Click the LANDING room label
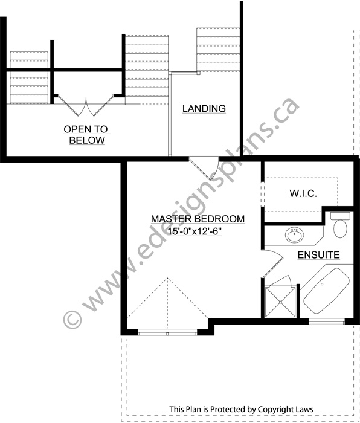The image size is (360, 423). tap(204, 108)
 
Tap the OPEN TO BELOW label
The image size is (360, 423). tap(86, 135)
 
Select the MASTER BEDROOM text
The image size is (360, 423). tap(198, 219)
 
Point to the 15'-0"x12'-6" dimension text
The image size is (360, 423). tap(194, 231)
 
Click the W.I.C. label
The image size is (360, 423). tap(303, 193)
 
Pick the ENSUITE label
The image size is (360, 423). tap(318, 255)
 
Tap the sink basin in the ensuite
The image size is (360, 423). tap(295, 235)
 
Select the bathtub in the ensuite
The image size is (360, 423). tap(327, 291)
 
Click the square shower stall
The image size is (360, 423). tap(280, 302)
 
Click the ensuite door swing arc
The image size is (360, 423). tap(272, 263)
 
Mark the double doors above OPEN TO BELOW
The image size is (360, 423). tap(86, 105)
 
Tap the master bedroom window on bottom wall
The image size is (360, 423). tap(167, 332)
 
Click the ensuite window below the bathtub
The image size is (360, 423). tap(327, 321)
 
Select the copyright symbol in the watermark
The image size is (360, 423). tap(72, 319)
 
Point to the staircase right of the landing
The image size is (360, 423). tap(218, 50)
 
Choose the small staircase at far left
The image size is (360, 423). tap(29, 77)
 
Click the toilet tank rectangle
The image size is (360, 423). tap(340, 216)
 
